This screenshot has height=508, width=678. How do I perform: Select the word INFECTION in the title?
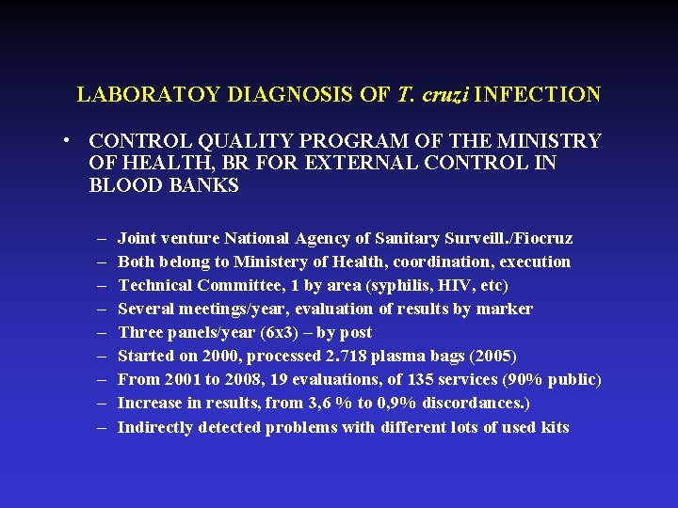(x=540, y=95)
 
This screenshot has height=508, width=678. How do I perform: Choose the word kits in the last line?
(x=554, y=427)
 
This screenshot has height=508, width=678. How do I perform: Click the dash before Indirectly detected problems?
(x=101, y=427)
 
